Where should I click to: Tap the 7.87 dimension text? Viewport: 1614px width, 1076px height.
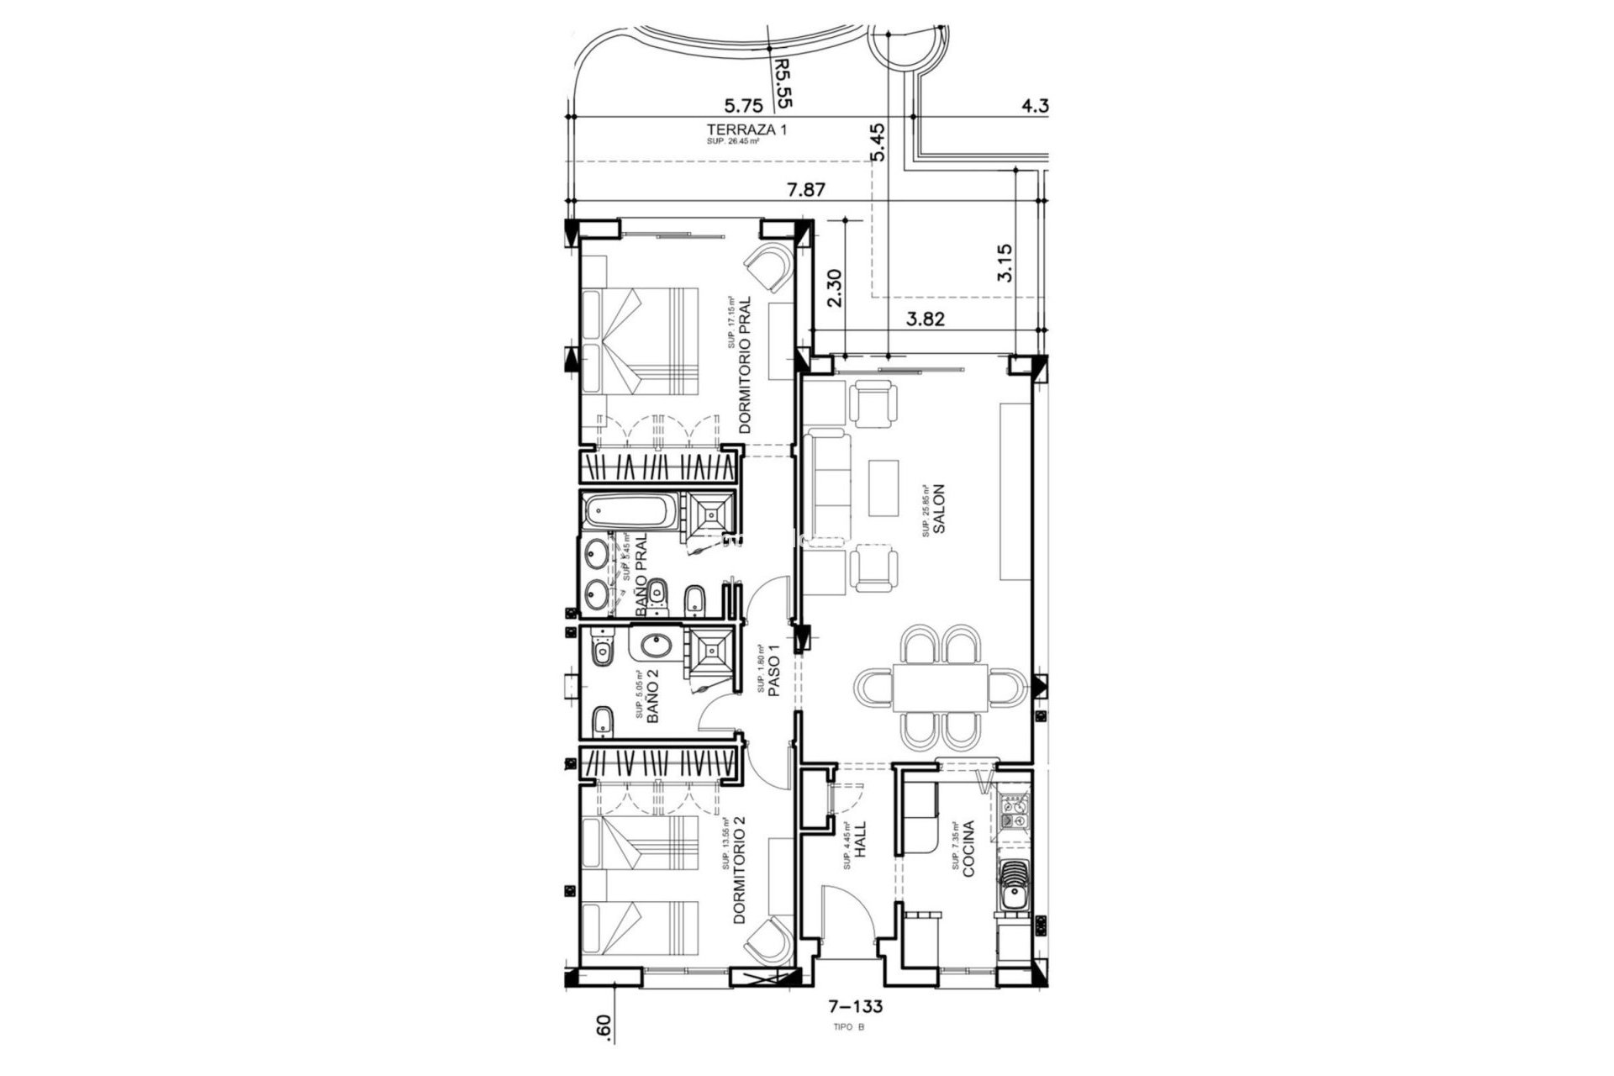[x=805, y=190]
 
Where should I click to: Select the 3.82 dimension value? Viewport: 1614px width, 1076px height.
[x=926, y=319]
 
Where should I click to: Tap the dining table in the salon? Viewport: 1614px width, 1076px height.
[x=940, y=687]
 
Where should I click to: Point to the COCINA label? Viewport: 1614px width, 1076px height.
[x=968, y=849]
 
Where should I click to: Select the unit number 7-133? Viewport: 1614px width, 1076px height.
[x=856, y=1006]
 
